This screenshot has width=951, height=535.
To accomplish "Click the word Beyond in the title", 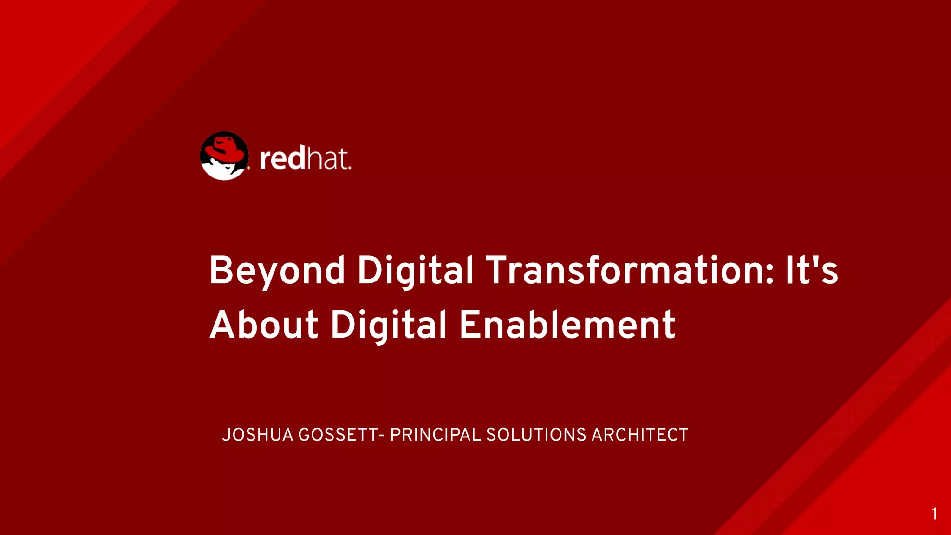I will coord(277,271).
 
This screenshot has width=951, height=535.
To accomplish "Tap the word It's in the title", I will coord(812,270).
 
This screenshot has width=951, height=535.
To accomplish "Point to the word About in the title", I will coord(264,325).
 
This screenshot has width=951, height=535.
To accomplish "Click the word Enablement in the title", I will coord(567,325).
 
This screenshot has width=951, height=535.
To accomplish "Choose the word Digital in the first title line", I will coord(415,271).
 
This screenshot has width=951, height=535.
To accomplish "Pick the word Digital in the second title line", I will coord(388,326).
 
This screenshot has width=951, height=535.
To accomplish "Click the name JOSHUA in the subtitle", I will coord(258,435).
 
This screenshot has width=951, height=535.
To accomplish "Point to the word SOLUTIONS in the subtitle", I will coord(536,435).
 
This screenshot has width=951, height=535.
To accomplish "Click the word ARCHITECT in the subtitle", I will coord(639,435).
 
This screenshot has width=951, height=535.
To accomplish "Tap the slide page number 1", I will coord(934,514).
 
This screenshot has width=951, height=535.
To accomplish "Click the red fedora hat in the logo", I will coord(225,148).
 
